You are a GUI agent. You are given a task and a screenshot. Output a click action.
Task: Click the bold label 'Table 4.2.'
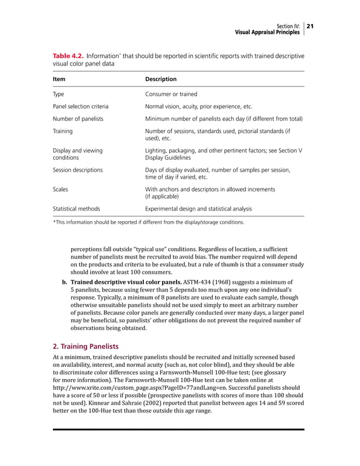click(68, 56)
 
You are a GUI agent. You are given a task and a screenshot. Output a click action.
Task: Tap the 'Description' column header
click(161, 79)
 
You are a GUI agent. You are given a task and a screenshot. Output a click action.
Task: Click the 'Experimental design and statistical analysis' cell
click(199, 209)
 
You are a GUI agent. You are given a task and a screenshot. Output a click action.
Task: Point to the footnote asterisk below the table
click(54, 222)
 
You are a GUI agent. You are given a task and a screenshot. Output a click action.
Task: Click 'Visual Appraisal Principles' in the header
click(267, 32)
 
